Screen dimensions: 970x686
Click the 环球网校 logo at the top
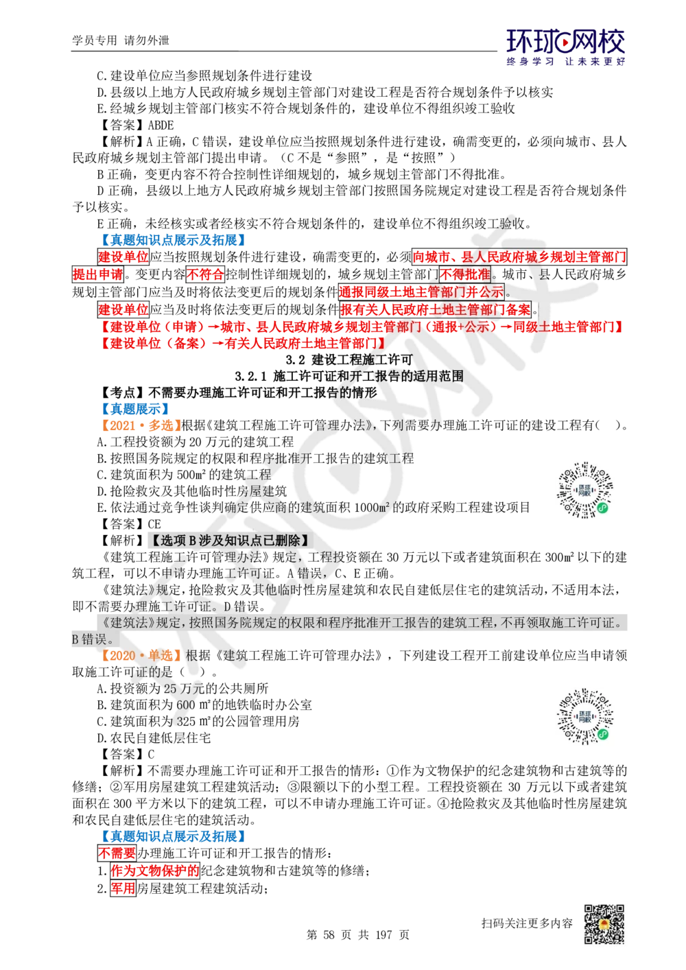coord(565,47)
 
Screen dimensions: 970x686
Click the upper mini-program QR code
coord(584,488)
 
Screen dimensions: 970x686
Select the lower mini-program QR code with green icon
coord(587,715)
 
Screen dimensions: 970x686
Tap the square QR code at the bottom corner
coord(603,924)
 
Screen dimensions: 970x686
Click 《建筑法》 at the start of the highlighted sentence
coord(113,623)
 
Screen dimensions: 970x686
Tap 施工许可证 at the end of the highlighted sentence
coord(592,623)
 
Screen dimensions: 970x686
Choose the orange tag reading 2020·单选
coord(141,655)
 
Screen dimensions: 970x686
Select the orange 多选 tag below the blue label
coord(141,425)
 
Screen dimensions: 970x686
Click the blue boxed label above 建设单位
coord(173,240)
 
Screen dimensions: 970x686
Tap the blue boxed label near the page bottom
coord(173,836)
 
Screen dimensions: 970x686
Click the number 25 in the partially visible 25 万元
coord(170,688)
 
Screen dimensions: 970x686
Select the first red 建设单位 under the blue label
coord(123,257)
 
